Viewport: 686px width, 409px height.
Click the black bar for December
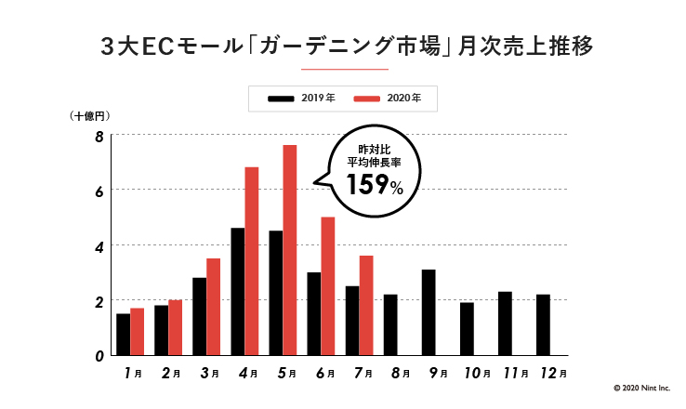[543, 324]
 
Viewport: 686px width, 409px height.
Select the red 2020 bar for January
[138, 331]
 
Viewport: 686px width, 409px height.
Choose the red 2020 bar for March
[214, 306]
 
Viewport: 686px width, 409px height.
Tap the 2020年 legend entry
[384, 97]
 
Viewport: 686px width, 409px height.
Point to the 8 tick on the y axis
[99, 137]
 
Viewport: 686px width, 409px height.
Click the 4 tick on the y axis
[99, 245]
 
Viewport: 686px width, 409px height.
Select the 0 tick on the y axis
[99, 355]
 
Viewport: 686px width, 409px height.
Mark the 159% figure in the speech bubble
[375, 186]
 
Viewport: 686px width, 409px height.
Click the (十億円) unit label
[90, 116]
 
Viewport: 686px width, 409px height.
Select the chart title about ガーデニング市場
[344, 46]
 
